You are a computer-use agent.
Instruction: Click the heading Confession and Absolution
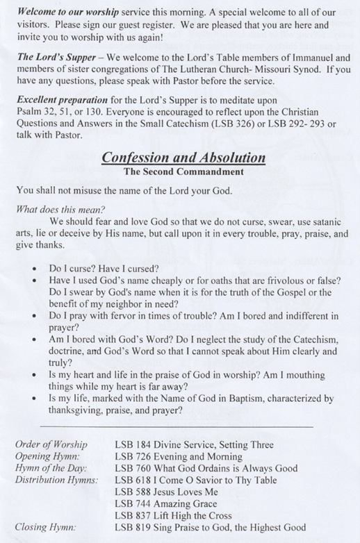[x=183, y=158]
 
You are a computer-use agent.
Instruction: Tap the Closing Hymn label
[x=44, y=527]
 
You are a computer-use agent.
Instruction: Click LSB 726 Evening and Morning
[x=178, y=457]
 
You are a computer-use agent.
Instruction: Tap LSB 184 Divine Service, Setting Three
[x=194, y=445]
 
